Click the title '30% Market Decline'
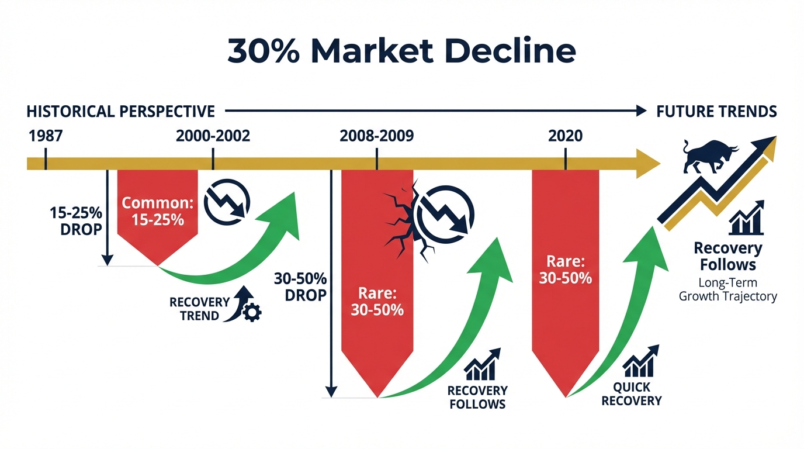click(401, 51)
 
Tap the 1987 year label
click(45, 136)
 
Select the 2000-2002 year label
click(213, 136)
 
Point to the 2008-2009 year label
click(376, 136)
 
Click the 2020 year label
click(565, 136)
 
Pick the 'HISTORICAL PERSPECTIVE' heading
click(121, 111)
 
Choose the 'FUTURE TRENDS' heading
click(716, 111)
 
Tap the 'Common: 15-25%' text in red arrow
click(158, 212)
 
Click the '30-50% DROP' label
click(300, 286)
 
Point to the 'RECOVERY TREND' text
click(199, 309)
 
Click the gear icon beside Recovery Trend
click(252, 313)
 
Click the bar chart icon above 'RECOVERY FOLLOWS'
click(483, 364)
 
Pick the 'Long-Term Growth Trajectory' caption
click(727, 289)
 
